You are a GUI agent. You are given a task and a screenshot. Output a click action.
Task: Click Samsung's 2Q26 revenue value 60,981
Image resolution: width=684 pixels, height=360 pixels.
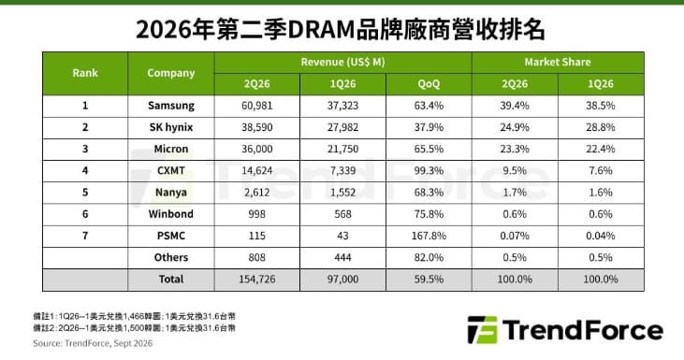(257, 106)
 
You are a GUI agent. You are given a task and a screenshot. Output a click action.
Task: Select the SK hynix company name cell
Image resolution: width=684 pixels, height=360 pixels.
(171, 127)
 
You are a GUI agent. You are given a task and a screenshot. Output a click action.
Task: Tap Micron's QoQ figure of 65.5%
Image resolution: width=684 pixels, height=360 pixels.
(429, 149)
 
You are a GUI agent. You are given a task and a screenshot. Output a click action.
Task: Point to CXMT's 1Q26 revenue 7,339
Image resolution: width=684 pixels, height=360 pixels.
(342, 171)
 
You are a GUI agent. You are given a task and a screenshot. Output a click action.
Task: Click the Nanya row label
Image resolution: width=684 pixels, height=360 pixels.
(171, 193)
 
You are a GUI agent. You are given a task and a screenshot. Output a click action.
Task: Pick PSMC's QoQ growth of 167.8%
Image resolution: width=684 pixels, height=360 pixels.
(429, 236)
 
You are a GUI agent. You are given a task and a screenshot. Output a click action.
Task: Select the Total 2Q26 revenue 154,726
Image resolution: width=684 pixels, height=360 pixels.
(257, 280)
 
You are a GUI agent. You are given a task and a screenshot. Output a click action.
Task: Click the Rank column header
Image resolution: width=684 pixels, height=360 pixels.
(85, 73)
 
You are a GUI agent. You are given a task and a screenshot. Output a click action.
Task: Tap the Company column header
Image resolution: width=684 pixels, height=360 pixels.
(171, 73)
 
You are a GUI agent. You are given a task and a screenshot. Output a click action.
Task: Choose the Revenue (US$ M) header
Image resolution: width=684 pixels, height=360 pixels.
(342, 63)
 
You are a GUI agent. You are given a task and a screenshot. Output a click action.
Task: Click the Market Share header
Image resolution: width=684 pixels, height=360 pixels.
(558, 62)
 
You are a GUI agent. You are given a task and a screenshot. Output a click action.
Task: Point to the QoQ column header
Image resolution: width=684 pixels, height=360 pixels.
(429, 83)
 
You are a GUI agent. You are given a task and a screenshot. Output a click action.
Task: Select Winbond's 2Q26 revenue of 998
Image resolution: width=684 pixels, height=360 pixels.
(257, 214)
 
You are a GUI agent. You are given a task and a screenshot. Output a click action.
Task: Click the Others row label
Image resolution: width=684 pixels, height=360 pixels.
(171, 257)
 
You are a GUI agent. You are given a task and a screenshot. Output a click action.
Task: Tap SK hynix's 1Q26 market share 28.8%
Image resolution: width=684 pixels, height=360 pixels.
(601, 127)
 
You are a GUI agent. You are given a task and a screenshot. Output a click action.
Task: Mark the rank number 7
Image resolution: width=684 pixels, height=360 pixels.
(85, 236)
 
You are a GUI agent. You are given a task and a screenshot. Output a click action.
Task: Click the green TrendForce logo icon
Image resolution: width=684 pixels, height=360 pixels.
(482, 330)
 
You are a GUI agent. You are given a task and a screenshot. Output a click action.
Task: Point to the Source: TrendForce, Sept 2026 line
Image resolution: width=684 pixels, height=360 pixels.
(93, 343)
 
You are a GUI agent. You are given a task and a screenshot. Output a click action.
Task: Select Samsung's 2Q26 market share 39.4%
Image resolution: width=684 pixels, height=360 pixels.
(515, 106)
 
